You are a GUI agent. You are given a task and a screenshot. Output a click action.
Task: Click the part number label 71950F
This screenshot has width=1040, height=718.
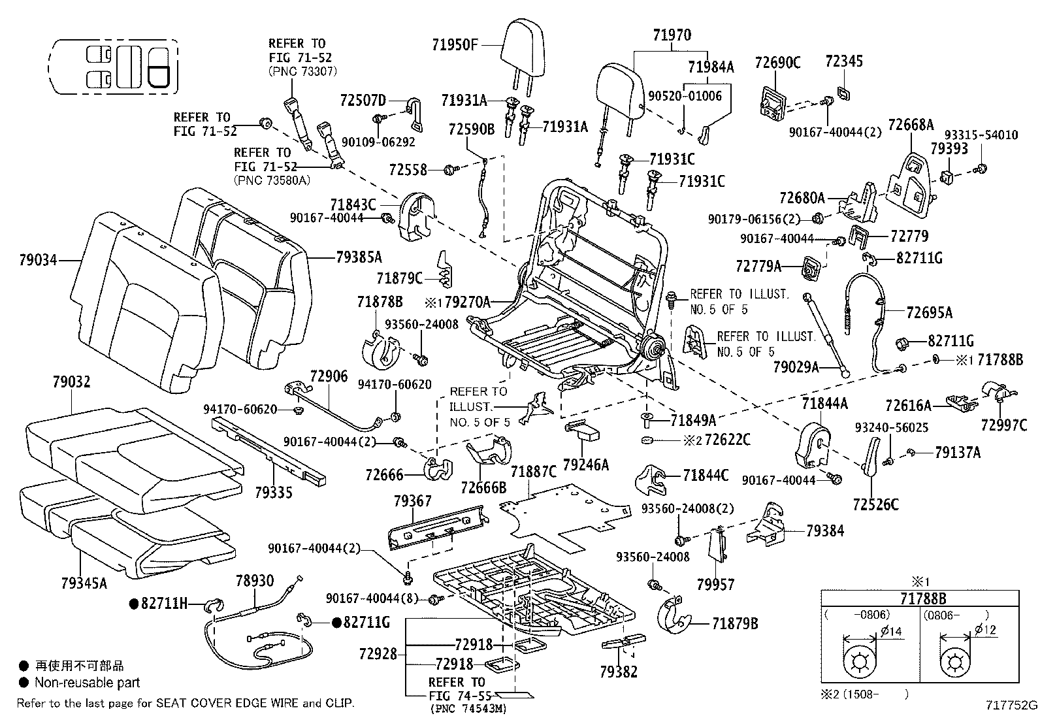coord(455,44)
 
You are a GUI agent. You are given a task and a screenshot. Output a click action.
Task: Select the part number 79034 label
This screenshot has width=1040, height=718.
coord(38,260)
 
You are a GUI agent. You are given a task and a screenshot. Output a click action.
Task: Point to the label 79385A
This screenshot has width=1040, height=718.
coord(359,257)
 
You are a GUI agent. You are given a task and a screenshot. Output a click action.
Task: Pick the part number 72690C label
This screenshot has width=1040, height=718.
coord(777,63)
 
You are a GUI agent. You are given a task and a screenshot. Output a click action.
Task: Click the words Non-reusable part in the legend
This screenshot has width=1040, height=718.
coord(87,683)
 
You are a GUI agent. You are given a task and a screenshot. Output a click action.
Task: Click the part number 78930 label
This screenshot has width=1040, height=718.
coord(254,580)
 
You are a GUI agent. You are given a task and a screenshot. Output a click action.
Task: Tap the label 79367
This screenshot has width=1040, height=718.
coord(412,500)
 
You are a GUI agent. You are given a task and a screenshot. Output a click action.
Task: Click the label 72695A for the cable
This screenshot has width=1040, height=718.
coord(929,312)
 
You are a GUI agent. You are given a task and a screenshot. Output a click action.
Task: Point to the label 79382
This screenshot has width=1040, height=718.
coord(617,672)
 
